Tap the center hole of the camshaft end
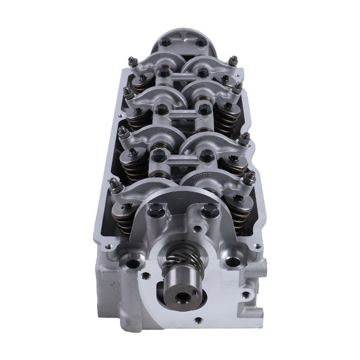point(183,297)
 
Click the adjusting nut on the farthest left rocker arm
point(133,62)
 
